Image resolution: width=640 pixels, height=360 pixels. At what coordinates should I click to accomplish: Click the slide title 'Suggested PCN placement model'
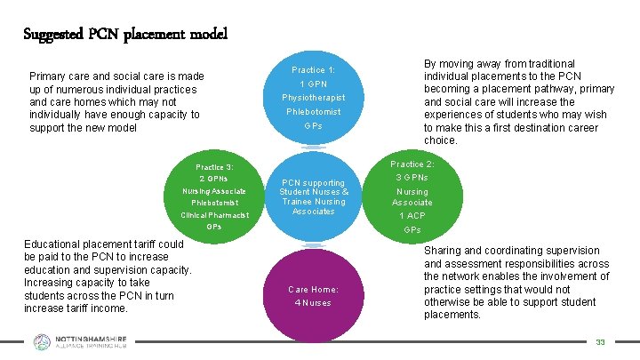125,35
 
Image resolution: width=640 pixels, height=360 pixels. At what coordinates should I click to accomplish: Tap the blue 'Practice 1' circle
313,98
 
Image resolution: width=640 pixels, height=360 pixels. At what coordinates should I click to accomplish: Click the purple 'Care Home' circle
313,294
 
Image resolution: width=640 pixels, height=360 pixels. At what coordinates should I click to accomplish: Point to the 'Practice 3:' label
214,167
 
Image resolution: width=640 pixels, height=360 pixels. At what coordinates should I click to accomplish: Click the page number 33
600,342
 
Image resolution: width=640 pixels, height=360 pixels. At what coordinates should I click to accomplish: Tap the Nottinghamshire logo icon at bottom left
42,342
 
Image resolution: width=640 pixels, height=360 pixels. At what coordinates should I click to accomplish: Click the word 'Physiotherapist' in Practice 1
313,97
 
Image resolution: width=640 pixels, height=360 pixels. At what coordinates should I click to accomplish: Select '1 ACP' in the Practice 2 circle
412,216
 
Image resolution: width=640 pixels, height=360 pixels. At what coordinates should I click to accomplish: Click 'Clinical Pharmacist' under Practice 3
214,215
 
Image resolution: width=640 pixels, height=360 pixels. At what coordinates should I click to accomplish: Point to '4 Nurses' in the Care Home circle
313,303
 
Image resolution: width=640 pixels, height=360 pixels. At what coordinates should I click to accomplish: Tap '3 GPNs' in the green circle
412,178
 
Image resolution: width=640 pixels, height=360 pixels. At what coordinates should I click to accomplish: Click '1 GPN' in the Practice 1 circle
313,84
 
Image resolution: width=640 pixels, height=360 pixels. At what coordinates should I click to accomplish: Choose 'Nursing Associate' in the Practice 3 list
214,191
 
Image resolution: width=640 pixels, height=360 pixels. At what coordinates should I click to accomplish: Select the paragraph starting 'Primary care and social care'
116,102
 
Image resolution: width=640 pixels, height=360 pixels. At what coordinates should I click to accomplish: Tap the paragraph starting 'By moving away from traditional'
519,102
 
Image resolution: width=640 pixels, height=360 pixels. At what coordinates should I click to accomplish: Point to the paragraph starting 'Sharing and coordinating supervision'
516,283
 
